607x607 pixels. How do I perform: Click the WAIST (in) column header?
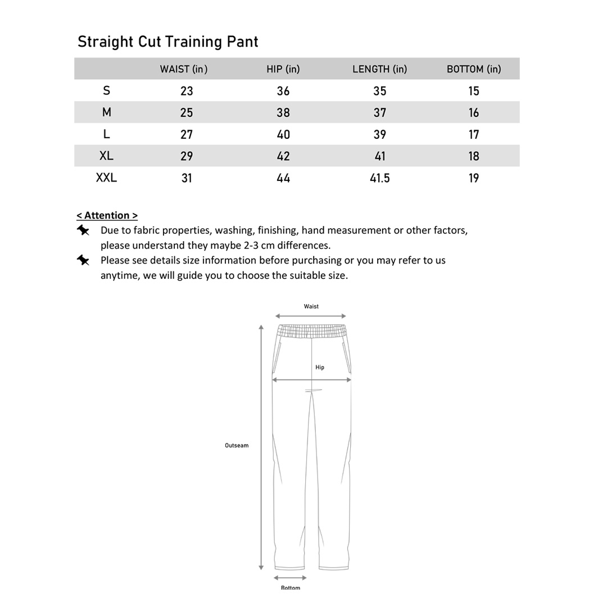pyautogui.click(x=184, y=69)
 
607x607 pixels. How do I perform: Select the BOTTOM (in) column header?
pyautogui.click(x=474, y=69)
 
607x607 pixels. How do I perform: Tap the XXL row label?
pyautogui.click(x=106, y=178)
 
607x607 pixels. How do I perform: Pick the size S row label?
pyautogui.click(x=106, y=90)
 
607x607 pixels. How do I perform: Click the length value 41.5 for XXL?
pyautogui.click(x=380, y=178)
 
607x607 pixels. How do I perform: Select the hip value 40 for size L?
pyautogui.click(x=283, y=134)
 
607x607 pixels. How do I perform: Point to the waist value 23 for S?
pyautogui.click(x=187, y=91)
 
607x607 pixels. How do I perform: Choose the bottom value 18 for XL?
pyautogui.click(x=474, y=156)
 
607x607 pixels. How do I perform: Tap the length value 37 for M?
pyautogui.click(x=380, y=112)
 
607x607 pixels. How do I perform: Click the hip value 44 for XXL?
pyautogui.click(x=283, y=178)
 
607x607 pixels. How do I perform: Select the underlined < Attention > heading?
pyautogui.click(x=107, y=215)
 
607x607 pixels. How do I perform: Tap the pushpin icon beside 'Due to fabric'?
pyautogui.click(x=83, y=230)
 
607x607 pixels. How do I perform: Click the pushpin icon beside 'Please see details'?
pyautogui.click(x=83, y=260)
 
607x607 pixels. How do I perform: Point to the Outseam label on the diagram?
pyautogui.click(x=237, y=446)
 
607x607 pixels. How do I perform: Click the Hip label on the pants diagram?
pyautogui.click(x=320, y=368)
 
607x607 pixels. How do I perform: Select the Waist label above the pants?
pyautogui.click(x=311, y=306)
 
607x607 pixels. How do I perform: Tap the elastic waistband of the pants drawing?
pyautogui.click(x=311, y=331)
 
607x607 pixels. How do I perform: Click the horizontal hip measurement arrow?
pyautogui.click(x=311, y=380)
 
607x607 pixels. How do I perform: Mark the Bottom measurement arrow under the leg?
pyautogui.click(x=290, y=578)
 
